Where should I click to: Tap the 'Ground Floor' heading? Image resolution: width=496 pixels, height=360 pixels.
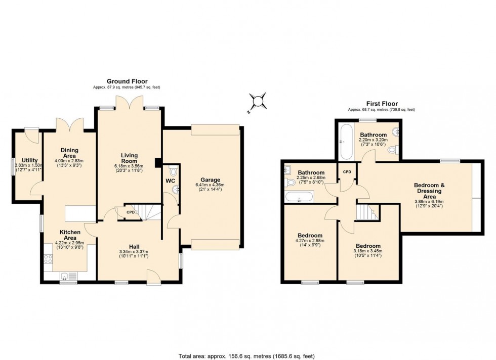coord(127,81)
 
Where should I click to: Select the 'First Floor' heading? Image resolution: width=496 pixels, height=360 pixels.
coord(382,104)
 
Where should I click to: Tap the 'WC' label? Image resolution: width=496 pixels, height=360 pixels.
coord(170,181)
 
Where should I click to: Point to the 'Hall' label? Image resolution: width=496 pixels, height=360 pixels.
coord(134,246)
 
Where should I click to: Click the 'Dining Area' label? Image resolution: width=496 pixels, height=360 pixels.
coord(70,153)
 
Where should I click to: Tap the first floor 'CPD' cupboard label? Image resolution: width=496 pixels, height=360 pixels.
coord(347,172)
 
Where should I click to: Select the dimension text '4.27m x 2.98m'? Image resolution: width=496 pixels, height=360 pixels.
coord(310,241)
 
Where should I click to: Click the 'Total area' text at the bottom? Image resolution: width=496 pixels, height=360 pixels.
coord(247,354)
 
